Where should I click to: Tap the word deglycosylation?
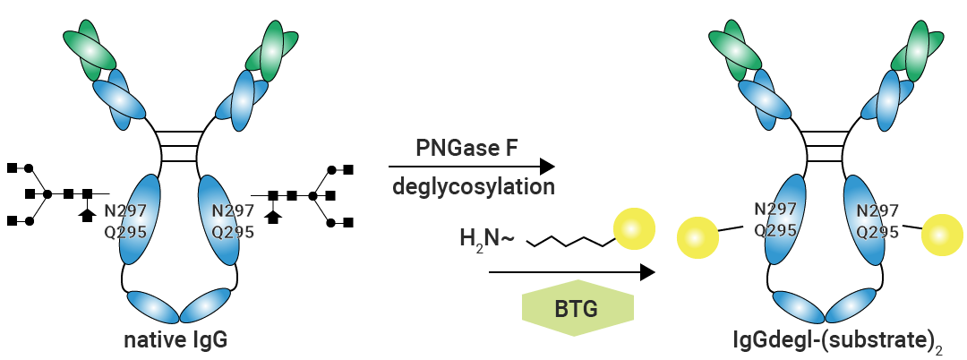(472, 187)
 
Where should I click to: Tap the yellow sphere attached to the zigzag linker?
(634, 231)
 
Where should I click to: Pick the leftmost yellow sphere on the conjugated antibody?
(697, 238)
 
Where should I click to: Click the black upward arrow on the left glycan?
(87, 213)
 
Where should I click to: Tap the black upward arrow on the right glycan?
(274, 214)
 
